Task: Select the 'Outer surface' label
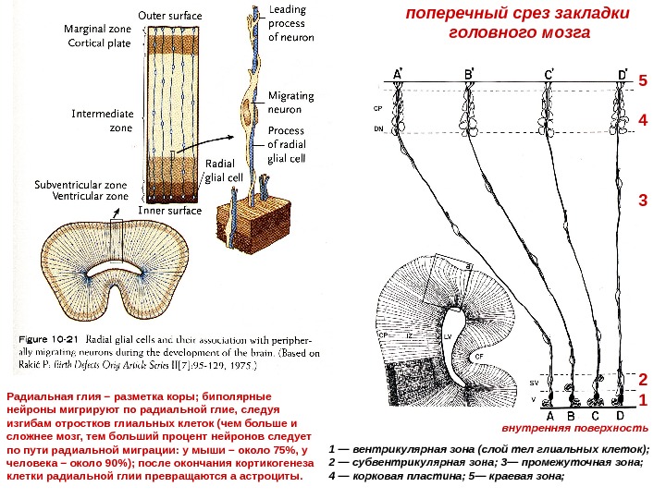click(171, 16)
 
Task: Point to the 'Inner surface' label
click(169, 211)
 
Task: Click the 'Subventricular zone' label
click(81, 184)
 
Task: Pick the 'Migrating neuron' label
click(290, 103)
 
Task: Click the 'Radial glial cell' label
click(222, 171)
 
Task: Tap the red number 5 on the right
click(643, 81)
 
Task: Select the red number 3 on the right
click(643, 200)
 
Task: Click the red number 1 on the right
click(643, 400)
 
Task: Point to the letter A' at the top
click(399, 73)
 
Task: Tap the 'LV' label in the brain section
click(448, 339)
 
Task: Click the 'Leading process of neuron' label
click(290, 25)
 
